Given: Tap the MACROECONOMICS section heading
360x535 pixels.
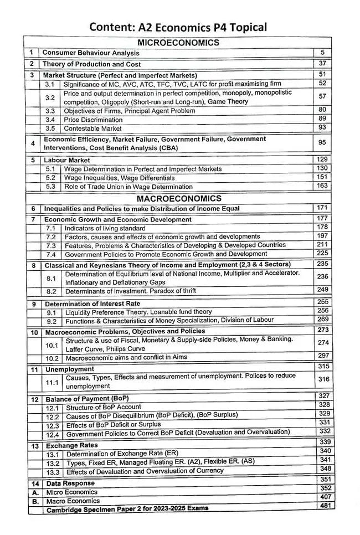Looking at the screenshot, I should (x=179, y=198).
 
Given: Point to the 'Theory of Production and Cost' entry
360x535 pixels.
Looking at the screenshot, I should (x=92, y=64).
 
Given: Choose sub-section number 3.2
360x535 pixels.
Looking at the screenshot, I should (x=50, y=97).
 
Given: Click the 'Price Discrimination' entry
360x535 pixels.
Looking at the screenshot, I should (x=92, y=120).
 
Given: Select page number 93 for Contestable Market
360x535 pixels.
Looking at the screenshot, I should (x=321, y=128).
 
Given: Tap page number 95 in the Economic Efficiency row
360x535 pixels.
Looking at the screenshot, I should (x=321, y=143).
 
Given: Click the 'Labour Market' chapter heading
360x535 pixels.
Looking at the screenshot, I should (x=67, y=160).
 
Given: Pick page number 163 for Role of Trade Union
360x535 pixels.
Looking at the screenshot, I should (x=321, y=186).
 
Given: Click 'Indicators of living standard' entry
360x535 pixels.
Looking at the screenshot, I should (x=105, y=228).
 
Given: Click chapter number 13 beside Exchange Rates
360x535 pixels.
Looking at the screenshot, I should (x=34, y=445).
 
